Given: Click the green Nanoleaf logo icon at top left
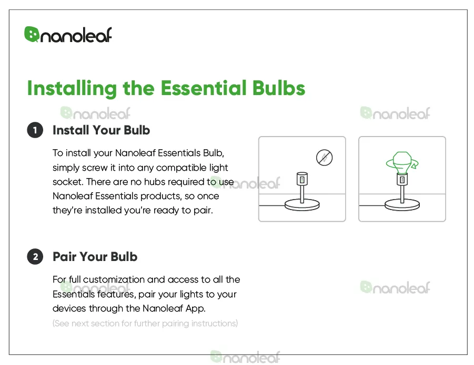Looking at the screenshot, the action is pyautogui.click(x=32, y=34).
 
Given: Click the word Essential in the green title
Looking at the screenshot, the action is pyautogui.click(x=204, y=88).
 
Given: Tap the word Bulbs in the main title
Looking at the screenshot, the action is pyautogui.click(x=279, y=88).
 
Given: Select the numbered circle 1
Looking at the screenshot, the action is pyautogui.click(x=35, y=130).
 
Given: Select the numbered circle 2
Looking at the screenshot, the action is pyautogui.click(x=35, y=257).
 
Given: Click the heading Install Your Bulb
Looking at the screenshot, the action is pyautogui.click(x=101, y=130).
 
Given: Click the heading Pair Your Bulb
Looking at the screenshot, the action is pyautogui.click(x=95, y=257).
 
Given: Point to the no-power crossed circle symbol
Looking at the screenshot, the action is pyautogui.click(x=325, y=158).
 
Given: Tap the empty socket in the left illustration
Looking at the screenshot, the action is pyautogui.click(x=302, y=179).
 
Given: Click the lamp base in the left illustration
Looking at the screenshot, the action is pyautogui.click(x=302, y=205).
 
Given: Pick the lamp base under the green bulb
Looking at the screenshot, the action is pyautogui.click(x=402, y=205).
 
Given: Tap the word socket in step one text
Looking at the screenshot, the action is pyautogui.click(x=67, y=182).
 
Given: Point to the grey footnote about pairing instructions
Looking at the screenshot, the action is pyautogui.click(x=145, y=324).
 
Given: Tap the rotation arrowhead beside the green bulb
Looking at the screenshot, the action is pyautogui.click(x=415, y=165).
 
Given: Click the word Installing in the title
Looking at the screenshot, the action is pyautogui.click(x=72, y=88).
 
